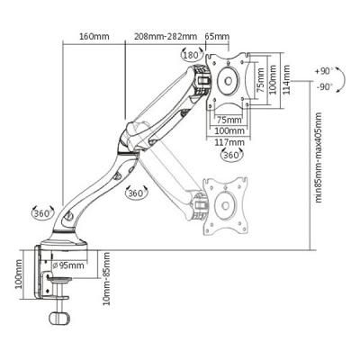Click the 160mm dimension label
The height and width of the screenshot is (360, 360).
coord(94,37)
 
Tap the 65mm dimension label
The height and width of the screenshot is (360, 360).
coord(217,37)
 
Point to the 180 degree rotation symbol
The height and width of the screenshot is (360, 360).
coord(190,56)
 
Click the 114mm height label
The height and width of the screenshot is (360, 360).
coord(287,84)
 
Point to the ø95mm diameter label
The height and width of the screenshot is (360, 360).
coord(67,265)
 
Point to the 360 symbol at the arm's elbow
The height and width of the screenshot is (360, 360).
coord(136,192)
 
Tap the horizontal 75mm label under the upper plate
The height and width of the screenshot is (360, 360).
coord(229,119)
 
